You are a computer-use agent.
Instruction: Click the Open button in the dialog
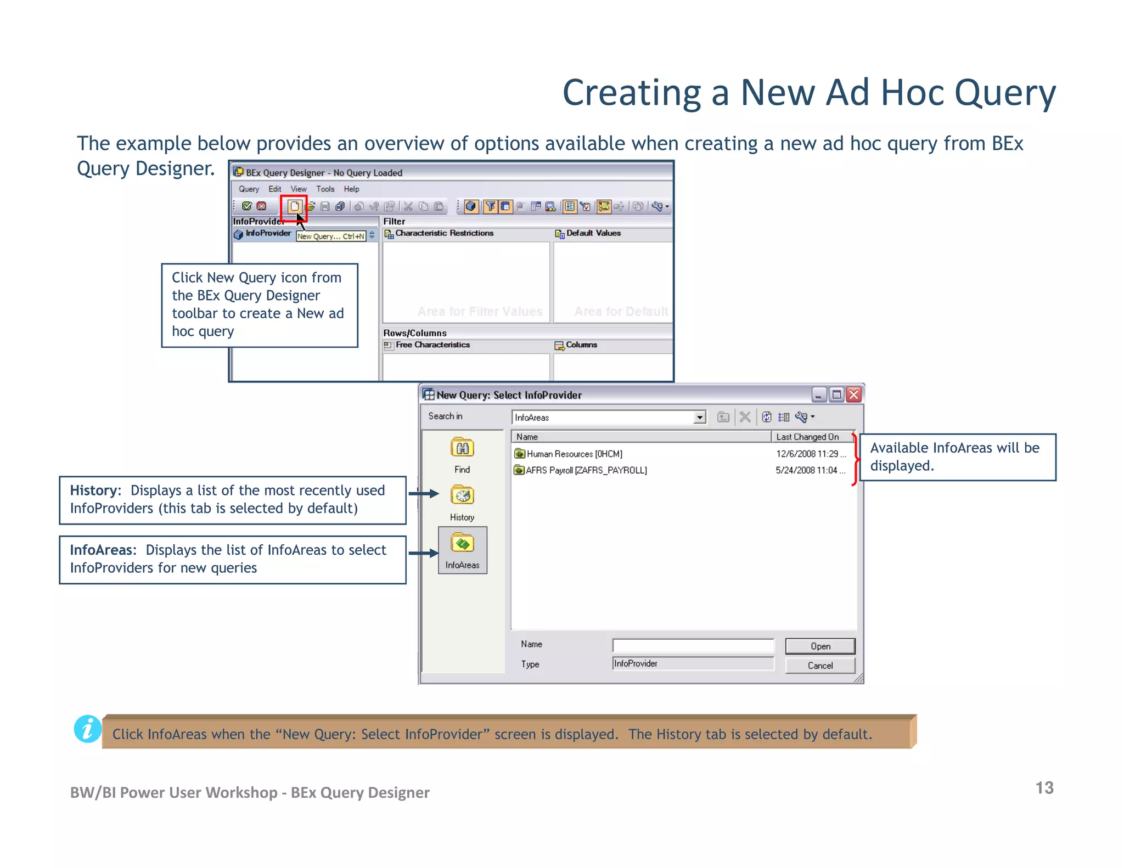pyautogui.click(x=819, y=646)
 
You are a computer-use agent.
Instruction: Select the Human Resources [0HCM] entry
pyautogui.click(x=574, y=454)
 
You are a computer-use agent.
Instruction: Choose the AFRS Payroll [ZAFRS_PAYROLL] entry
pyautogui.click(x=586, y=470)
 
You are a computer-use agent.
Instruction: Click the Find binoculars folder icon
pyautogui.click(x=462, y=448)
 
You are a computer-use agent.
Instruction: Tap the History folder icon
pyautogui.click(x=462, y=495)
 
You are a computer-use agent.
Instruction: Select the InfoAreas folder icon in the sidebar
pyautogui.click(x=462, y=544)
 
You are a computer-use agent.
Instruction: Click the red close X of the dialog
pyautogui.click(x=853, y=394)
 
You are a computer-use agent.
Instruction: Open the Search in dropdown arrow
pyautogui.click(x=699, y=418)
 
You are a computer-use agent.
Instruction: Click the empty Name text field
pyautogui.click(x=693, y=645)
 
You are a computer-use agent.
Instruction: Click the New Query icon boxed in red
pyautogui.click(x=294, y=206)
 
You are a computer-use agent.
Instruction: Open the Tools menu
pyautogui.click(x=325, y=189)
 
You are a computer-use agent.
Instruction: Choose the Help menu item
pyautogui.click(x=351, y=189)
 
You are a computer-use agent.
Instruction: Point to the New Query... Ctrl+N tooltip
pyautogui.click(x=331, y=236)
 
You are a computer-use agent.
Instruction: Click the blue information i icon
pyautogui.click(x=88, y=729)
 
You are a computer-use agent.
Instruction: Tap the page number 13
pyautogui.click(x=1044, y=788)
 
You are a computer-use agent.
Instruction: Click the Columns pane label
pyautogui.click(x=581, y=345)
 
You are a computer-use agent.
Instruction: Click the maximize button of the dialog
pyautogui.click(x=836, y=394)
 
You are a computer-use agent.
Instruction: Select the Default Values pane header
pyautogui.click(x=593, y=233)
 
